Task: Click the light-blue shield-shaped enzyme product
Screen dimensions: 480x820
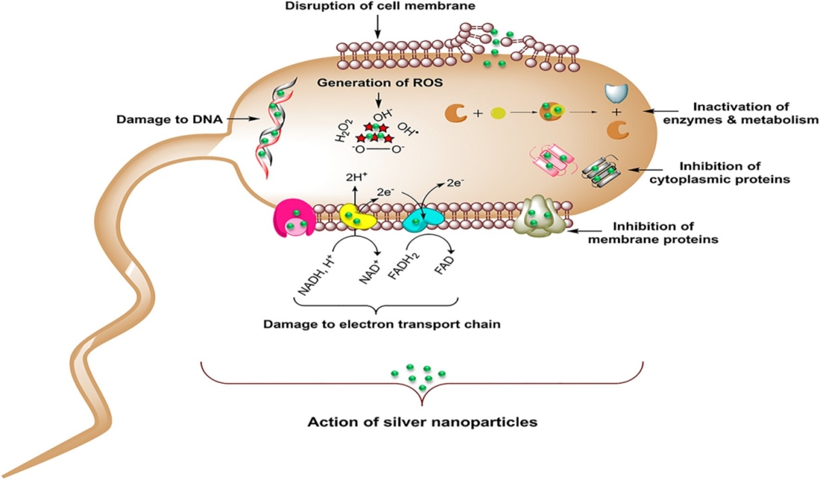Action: pyautogui.click(x=616, y=93)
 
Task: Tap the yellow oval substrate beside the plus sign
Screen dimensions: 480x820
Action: pyautogui.click(x=498, y=113)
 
